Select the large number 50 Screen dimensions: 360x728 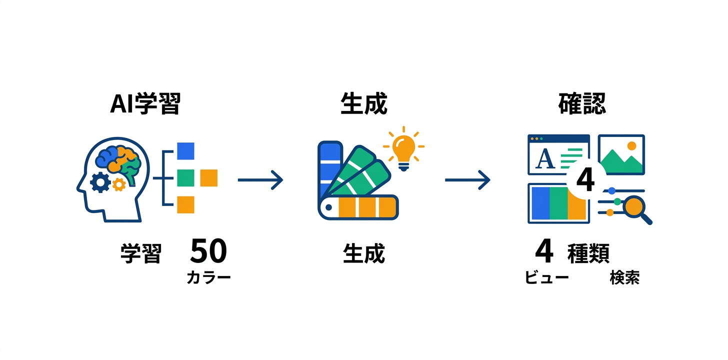(208, 251)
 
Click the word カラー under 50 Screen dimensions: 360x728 (208, 277)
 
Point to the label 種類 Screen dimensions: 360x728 (588, 254)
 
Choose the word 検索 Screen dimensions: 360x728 (624, 278)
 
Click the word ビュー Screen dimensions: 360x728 (546, 278)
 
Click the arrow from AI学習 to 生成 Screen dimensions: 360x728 (260, 179)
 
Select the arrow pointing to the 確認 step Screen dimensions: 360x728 (467, 180)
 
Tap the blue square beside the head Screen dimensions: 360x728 (185, 151)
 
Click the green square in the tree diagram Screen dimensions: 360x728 (185, 177)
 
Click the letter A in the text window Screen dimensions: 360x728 (545, 159)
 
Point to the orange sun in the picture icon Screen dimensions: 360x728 (631, 146)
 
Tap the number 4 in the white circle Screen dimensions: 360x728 (585, 180)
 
